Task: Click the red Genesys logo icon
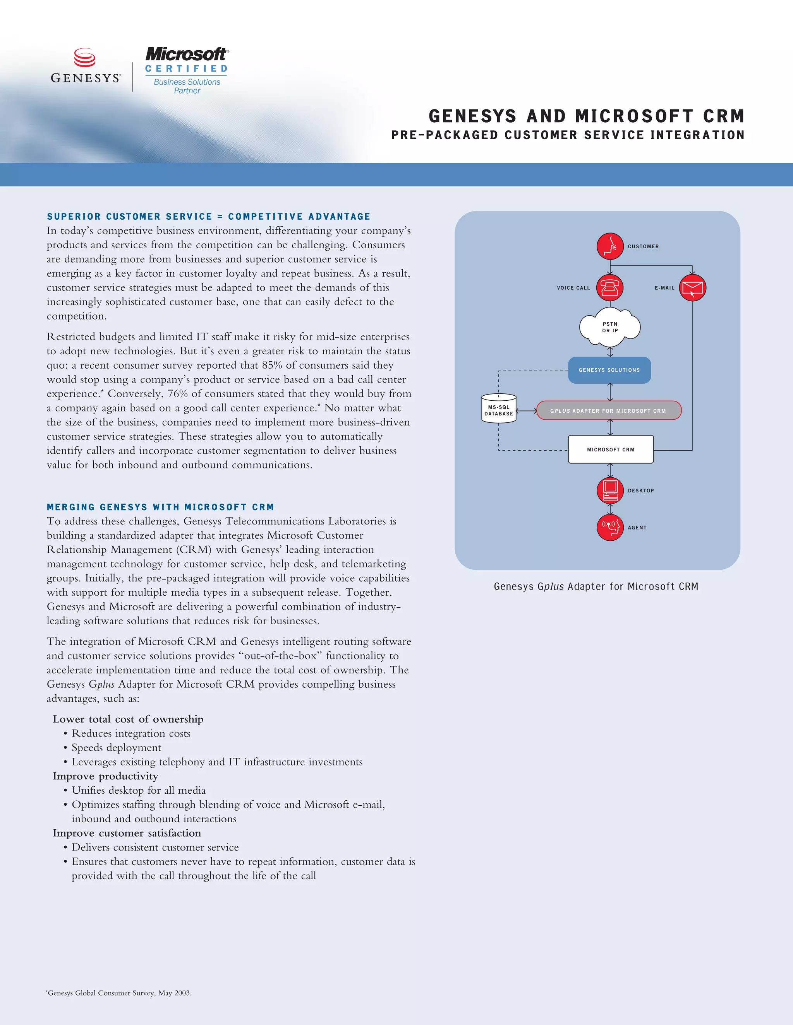(84, 57)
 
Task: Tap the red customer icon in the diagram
(610, 246)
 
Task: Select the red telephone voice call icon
(610, 288)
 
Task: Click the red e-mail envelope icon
(692, 288)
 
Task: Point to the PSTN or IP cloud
(610, 327)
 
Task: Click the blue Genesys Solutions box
(609, 370)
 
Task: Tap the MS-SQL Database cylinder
(498, 409)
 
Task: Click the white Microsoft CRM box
(610, 449)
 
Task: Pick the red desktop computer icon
(610, 490)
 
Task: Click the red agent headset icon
(610, 527)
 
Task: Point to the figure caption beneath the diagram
(596, 586)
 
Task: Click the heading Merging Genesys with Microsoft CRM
(160, 507)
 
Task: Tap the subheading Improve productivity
(105, 776)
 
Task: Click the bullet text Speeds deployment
(116, 748)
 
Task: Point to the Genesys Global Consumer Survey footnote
(119, 993)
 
